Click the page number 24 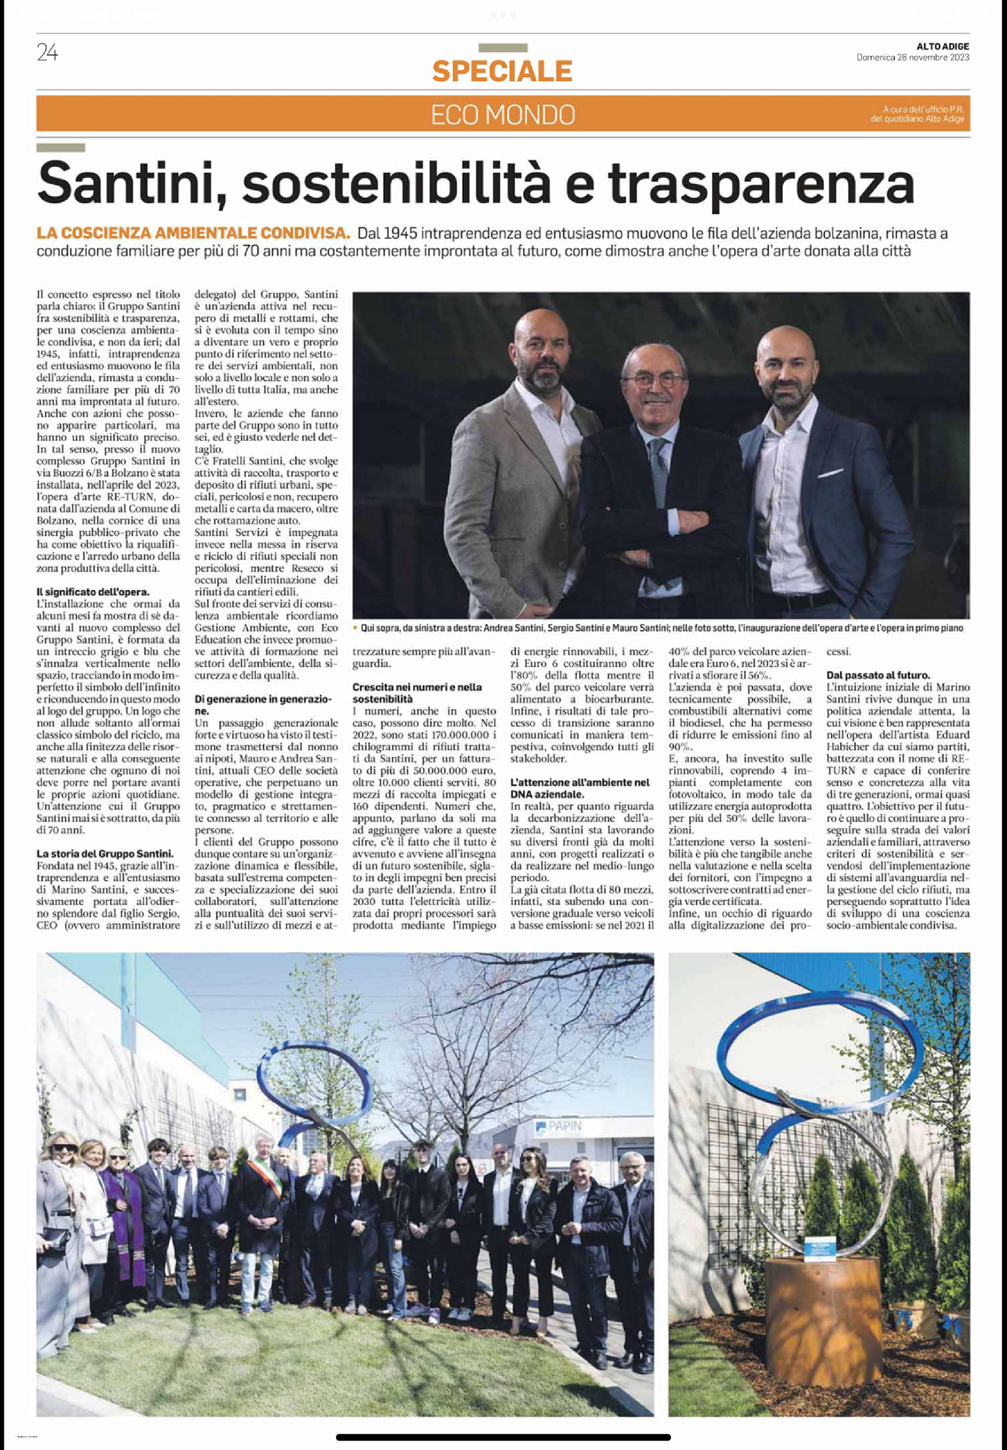coord(47,54)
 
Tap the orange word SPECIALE coord(502,71)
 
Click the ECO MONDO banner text coord(503,115)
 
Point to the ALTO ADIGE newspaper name coord(943,46)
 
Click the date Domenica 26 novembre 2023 coord(913,57)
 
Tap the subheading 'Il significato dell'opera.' coord(93,591)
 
